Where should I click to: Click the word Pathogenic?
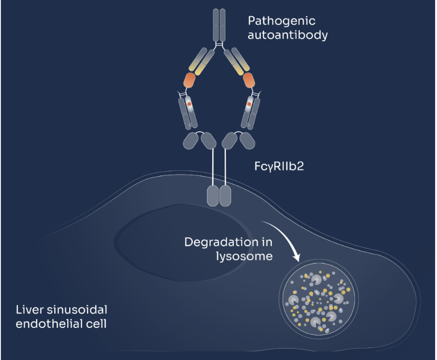point(281,22)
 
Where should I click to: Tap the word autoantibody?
point(288,36)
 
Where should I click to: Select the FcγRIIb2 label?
point(279,167)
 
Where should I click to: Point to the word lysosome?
point(244,256)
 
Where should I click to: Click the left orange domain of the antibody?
point(190,80)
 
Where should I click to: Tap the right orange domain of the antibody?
point(249,80)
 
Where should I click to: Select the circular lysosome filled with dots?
point(319,300)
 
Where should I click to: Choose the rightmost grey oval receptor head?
point(247,141)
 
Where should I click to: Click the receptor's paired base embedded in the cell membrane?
point(219,196)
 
